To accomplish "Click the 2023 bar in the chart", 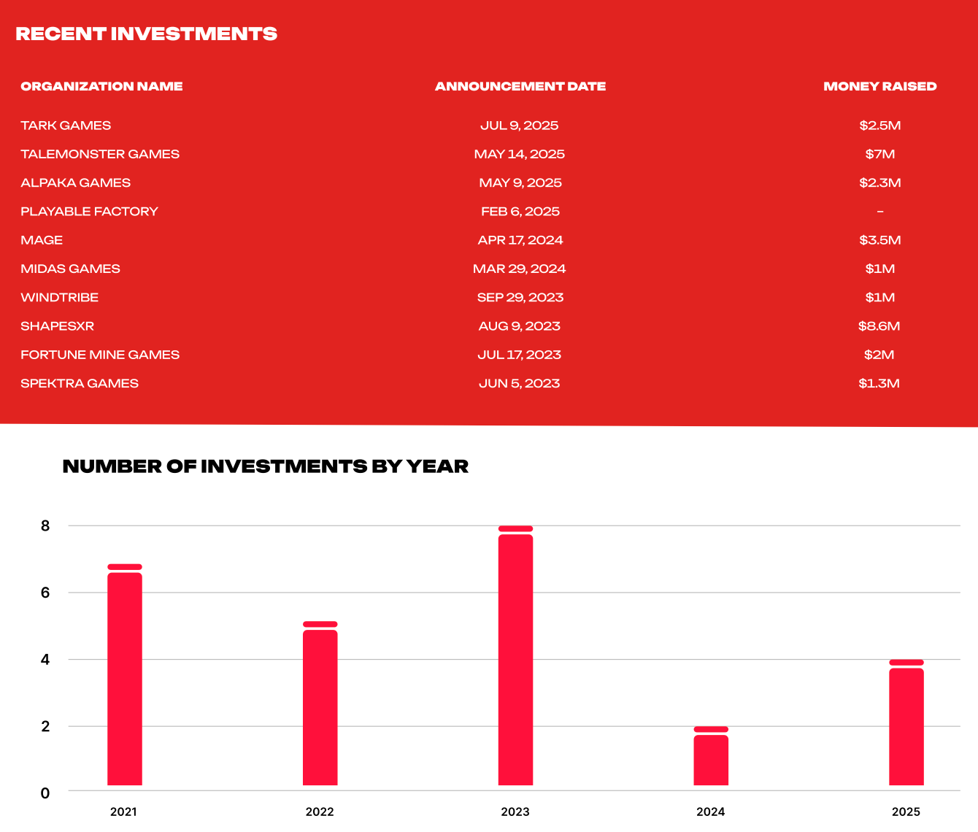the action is pyautogui.click(x=515, y=655).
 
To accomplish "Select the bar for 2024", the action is pyautogui.click(x=711, y=756).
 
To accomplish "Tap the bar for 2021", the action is pyautogui.click(x=124, y=675).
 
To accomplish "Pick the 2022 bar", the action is pyautogui.click(x=320, y=704).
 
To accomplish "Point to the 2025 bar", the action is pyautogui.click(x=906, y=723).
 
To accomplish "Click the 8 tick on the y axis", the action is pyautogui.click(x=45, y=525).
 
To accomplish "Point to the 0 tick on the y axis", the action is pyautogui.click(x=45, y=793).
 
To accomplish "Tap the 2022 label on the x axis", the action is pyautogui.click(x=320, y=812).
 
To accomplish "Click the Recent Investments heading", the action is pyautogui.click(x=146, y=34).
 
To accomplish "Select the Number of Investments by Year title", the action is pyautogui.click(x=266, y=466).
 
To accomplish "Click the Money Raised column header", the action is pyautogui.click(x=880, y=86).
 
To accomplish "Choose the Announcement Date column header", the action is pyautogui.click(x=520, y=86).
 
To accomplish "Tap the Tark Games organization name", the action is pyautogui.click(x=66, y=126).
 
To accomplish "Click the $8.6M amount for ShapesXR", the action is pyautogui.click(x=879, y=326).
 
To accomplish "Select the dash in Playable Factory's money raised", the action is pyautogui.click(x=880, y=212).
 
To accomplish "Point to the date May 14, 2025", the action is pyautogui.click(x=520, y=154).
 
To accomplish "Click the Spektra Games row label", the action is pyautogui.click(x=80, y=383).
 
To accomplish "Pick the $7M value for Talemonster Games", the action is pyautogui.click(x=880, y=154).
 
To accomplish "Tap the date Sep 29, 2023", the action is pyautogui.click(x=520, y=298).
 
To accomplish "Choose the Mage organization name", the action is pyautogui.click(x=42, y=240).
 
